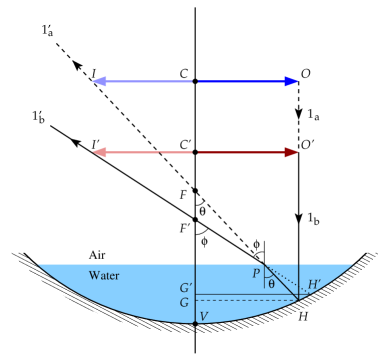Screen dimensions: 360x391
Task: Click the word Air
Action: click(x=97, y=256)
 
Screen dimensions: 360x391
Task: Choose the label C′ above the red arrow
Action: click(x=184, y=146)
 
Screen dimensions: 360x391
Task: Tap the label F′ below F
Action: click(x=183, y=225)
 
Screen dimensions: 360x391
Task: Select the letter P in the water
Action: click(x=256, y=272)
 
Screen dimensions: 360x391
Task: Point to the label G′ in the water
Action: click(x=176, y=289)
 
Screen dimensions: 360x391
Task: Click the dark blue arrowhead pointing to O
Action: click(x=291, y=80)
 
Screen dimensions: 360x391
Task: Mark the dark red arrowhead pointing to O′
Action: click(x=291, y=153)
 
